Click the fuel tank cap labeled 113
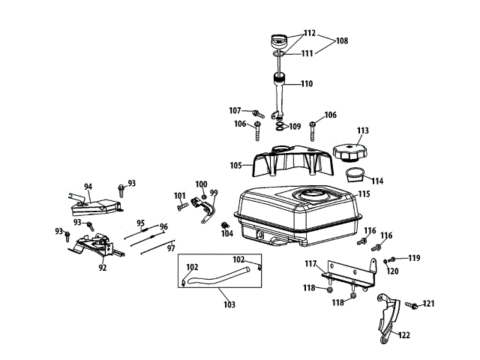coord(349,152)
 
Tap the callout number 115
coord(364,193)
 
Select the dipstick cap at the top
coord(279,40)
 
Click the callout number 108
coord(342,40)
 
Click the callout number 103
coord(229,304)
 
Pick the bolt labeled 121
coord(412,305)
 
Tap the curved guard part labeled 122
coord(388,318)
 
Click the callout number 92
coord(103,268)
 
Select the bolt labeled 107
coord(258,114)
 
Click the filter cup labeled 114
coord(355,175)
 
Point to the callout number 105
coord(235,165)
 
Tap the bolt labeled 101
coord(182,207)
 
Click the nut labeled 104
coord(225,226)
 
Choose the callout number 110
coord(307,83)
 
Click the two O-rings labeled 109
coord(280,127)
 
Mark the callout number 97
coord(171,248)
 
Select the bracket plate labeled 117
coord(349,274)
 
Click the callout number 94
coord(88,187)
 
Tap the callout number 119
coord(414,258)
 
